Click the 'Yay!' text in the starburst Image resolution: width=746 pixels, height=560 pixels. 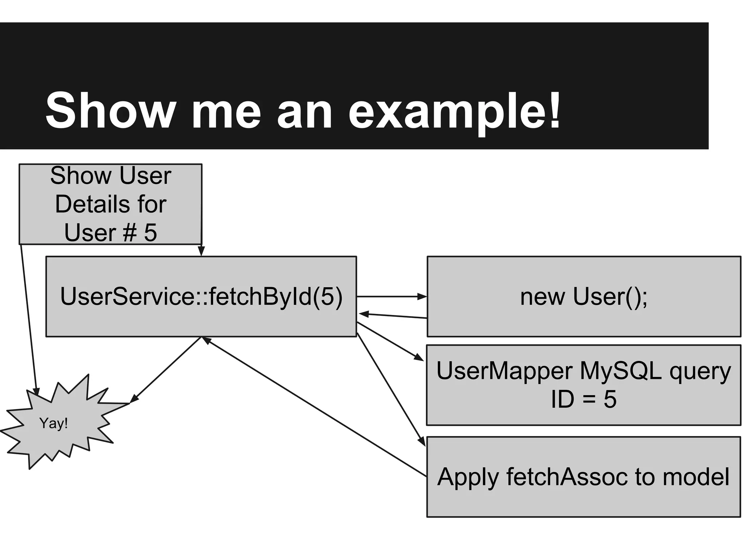pyautogui.click(x=54, y=423)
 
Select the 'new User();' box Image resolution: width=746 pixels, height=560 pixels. pyautogui.click(x=584, y=296)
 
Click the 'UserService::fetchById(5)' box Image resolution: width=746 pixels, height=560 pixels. pyautogui.click(x=201, y=296)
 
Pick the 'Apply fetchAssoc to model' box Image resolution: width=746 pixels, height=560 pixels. pyautogui.click(x=584, y=477)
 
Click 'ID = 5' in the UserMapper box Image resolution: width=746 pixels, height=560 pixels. pyautogui.click(x=584, y=399)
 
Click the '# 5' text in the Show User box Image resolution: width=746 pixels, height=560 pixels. pyautogui.click(x=140, y=232)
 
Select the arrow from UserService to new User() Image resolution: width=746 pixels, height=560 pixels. pyautogui.click(x=392, y=297)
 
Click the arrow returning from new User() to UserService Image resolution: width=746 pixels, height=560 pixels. pyautogui.click(x=393, y=316)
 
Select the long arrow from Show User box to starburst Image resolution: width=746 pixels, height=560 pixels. pyautogui.click(x=28, y=317)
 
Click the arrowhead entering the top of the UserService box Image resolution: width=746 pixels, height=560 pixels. pyautogui.click(x=201, y=251)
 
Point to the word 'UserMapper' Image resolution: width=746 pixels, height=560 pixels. pyautogui.click(x=504, y=371)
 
